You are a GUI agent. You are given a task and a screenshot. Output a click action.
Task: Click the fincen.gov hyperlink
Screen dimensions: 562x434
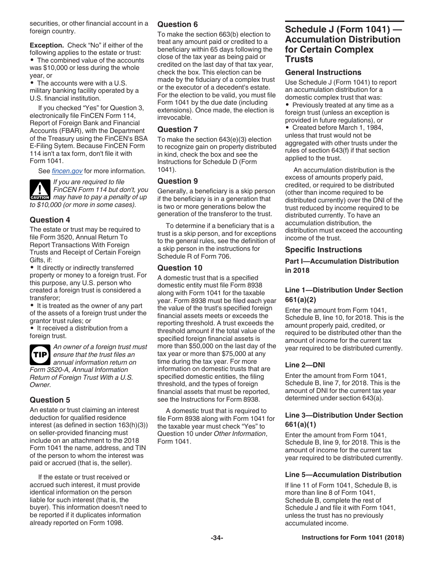click(67, 171)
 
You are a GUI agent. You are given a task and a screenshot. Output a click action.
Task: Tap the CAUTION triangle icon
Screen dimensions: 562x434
click(40, 190)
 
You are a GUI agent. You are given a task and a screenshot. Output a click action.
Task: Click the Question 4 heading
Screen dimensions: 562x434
click(50, 220)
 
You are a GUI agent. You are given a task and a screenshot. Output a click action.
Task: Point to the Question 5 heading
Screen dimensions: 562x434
click(50, 400)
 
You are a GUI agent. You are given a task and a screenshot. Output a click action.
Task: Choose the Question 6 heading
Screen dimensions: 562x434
click(178, 24)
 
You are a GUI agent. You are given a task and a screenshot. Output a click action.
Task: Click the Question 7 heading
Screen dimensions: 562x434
click(178, 129)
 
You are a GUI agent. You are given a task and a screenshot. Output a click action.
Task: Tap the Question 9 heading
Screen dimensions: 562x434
click(178, 181)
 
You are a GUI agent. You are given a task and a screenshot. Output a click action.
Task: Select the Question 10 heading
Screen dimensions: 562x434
click(180, 268)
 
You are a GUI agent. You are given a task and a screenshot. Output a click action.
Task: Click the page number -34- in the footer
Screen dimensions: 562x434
click(217, 538)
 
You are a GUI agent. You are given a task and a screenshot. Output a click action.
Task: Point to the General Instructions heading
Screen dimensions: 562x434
click(323, 72)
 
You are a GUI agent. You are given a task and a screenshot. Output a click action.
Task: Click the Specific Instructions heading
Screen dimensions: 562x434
click(323, 249)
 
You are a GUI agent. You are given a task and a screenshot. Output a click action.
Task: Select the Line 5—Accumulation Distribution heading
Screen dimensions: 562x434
click(343, 474)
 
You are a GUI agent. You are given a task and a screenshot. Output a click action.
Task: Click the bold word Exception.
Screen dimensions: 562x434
click(47, 45)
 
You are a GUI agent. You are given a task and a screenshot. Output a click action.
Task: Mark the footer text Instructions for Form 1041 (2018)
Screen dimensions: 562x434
click(353, 538)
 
